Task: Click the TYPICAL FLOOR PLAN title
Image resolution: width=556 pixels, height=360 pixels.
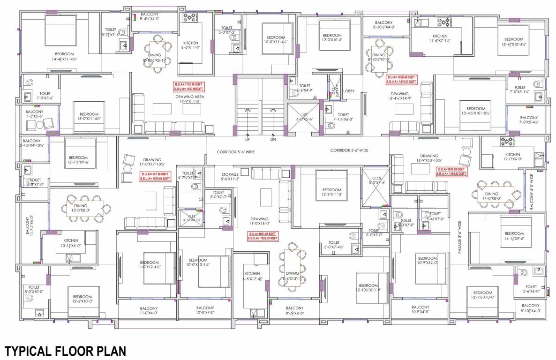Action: pyautogui.click(x=65, y=351)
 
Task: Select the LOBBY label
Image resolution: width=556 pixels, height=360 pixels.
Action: pyautogui.click(x=349, y=91)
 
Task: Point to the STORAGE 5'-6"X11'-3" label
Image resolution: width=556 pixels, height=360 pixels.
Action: pyautogui.click(x=230, y=176)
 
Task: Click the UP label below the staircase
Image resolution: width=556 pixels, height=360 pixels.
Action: pyautogui.click(x=247, y=139)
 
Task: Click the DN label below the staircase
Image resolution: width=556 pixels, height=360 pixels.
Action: pyautogui.click(x=273, y=139)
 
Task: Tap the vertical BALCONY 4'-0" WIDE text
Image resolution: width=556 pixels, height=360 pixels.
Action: pyautogui.click(x=532, y=192)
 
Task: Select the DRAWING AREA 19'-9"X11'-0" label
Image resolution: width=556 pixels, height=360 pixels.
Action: pyautogui.click(x=188, y=98)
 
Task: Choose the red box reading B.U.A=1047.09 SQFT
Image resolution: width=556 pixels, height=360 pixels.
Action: pyautogui.click(x=451, y=171)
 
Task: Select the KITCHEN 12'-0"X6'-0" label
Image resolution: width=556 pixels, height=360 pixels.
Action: pyautogui.click(x=512, y=157)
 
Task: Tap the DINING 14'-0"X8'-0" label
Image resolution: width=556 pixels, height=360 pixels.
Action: pyautogui.click(x=491, y=196)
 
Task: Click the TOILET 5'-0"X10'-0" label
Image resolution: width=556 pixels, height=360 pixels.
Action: pyautogui.click(x=34, y=289)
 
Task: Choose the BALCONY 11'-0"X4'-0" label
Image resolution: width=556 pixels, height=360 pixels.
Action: pyautogui.click(x=149, y=310)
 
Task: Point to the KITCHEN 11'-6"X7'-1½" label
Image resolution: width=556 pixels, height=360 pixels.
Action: pyautogui.click(x=440, y=38)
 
